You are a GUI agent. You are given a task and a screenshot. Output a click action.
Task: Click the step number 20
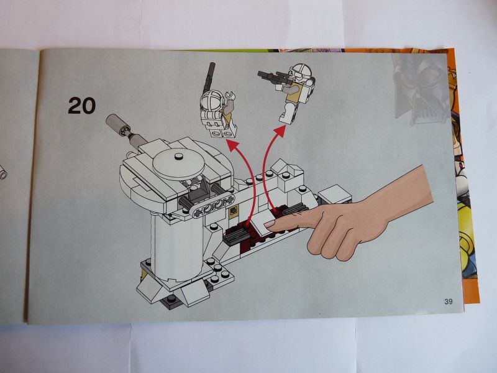click(x=81, y=106)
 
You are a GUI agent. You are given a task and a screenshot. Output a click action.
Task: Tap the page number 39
click(x=449, y=302)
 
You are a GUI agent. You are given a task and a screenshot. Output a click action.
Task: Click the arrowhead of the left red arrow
click(x=233, y=146)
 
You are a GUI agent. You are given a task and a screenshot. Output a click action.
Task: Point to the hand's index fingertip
click(x=268, y=224)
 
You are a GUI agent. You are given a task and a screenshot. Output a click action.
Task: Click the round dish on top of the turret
click(x=178, y=163)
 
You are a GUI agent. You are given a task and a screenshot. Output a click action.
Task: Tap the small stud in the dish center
click(x=179, y=157)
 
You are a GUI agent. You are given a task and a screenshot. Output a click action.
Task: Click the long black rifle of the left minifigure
click(x=208, y=77)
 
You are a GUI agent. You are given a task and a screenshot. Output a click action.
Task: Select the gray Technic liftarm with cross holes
click(x=214, y=206)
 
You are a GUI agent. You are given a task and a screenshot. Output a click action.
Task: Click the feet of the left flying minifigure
click(x=221, y=132)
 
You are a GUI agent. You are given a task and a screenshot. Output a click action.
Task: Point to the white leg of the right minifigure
click(x=287, y=112)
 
